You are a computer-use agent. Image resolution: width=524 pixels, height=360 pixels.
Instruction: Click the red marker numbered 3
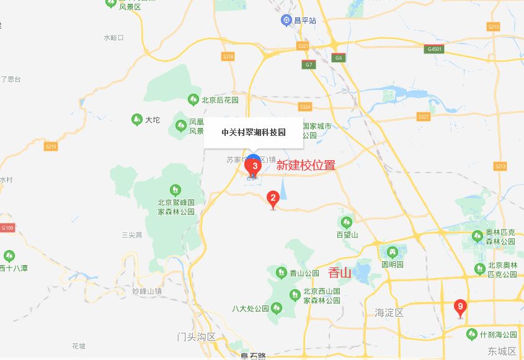254,166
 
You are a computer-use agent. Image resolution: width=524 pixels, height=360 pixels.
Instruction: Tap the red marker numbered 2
272,199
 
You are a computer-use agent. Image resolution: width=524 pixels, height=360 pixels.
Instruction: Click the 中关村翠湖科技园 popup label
254,133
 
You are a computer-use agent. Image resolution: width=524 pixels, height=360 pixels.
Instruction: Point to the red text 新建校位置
306,166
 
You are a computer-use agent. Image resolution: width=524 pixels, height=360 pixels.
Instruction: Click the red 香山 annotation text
340,272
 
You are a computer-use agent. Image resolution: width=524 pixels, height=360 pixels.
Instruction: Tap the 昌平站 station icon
286,20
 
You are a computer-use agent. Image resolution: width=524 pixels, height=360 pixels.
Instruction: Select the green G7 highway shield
308,65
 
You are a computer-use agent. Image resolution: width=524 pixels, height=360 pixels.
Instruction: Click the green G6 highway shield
338,58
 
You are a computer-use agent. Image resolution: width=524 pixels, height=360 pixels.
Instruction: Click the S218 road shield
228,56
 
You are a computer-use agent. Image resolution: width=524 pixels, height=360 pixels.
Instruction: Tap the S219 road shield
51,146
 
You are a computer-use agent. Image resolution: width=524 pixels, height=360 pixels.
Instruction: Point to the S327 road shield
424,117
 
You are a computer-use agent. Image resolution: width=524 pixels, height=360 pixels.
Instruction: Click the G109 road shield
7,228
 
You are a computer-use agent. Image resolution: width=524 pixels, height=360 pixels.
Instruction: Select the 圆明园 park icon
392,252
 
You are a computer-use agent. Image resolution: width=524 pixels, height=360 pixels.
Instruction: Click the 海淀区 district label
389,312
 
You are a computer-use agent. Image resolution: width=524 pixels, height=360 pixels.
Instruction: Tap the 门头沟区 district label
196,337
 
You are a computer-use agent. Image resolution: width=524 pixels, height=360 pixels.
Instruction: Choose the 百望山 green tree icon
347,222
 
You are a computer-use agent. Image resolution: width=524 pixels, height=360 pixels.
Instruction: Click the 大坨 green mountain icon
137,119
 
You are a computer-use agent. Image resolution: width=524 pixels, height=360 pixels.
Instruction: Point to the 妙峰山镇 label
147,290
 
